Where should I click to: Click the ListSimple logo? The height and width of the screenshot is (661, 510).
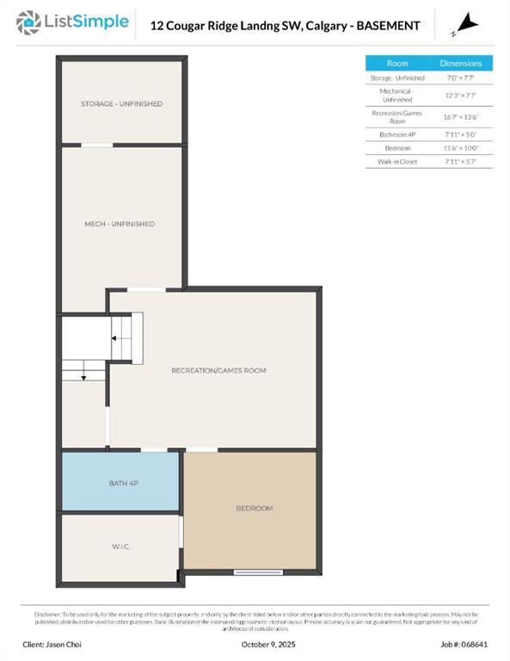click(x=73, y=22)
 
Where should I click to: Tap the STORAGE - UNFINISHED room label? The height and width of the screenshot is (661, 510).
click(x=121, y=104)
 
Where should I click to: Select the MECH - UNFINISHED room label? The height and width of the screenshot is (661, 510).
click(x=119, y=224)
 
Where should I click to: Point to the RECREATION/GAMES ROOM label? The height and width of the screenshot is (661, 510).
click(x=218, y=370)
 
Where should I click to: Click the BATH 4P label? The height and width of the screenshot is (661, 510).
click(x=123, y=484)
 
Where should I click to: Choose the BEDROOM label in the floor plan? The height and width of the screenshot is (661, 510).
click(x=254, y=509)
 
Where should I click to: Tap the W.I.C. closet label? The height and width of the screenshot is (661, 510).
click(x=120, y=547)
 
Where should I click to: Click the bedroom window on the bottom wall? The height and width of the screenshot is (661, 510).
click(x=258, y=572)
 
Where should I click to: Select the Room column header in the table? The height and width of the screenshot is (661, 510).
click(x=397, y=64)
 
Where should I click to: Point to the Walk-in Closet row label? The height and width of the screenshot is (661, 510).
click(x=397, y=162)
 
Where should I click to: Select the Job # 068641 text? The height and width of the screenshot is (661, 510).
click(x=464, y=644)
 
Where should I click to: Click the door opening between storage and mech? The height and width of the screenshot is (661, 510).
click(x=97, y=145)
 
